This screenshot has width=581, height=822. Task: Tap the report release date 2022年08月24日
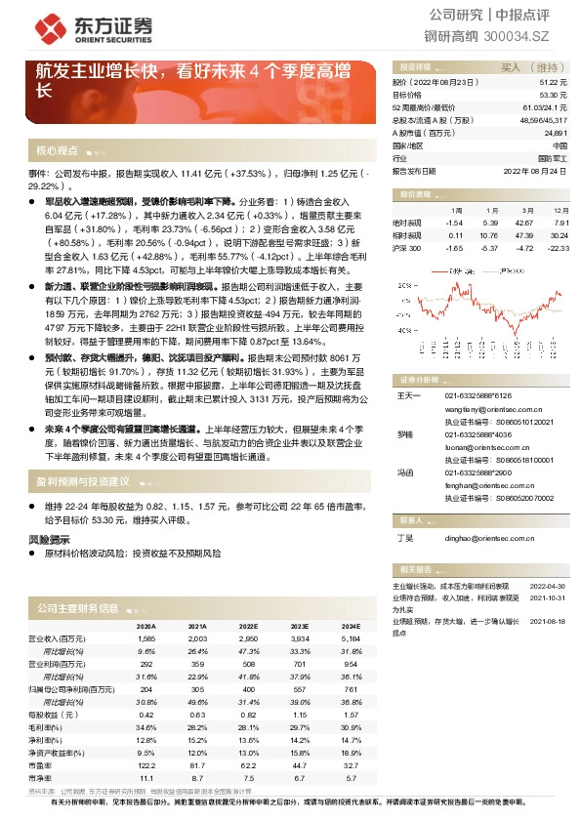click(536, 170)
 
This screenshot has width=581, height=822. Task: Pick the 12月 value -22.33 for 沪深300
click(558, 248)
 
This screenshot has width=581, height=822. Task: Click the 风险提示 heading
click(49, 539)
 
